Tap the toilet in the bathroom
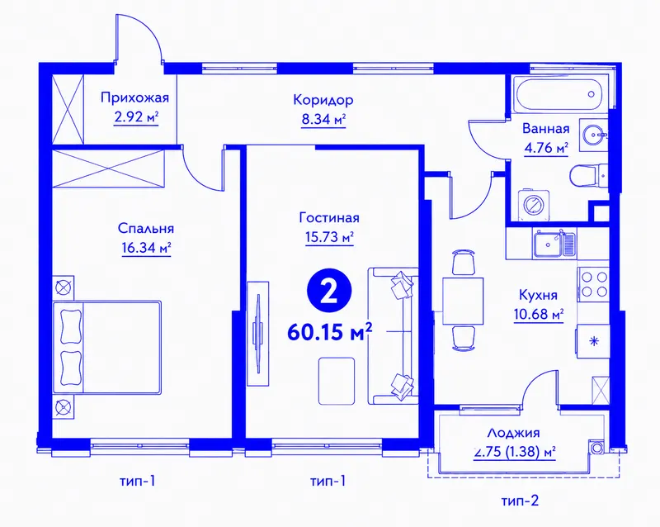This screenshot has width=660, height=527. point(588,176)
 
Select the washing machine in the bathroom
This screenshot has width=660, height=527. point(534,205)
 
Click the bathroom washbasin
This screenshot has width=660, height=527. point(593,135)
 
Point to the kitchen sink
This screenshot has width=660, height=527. point(554,244)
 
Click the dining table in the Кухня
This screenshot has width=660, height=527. point(462,301)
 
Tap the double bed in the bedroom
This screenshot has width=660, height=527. point(107,348)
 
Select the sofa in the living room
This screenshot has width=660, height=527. point(394,335)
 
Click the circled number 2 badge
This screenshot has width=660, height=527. point(329,292)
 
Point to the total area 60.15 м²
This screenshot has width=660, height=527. point(330,332)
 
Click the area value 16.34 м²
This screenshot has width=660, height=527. point(146,248)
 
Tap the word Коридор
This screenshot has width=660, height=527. point(323,101)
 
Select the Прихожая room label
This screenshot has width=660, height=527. point(134,98)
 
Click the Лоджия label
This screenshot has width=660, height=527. point(513,434)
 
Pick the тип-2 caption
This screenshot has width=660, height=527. point(520,501)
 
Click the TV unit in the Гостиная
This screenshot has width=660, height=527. point(257,334)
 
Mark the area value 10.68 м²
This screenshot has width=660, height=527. point(539,315)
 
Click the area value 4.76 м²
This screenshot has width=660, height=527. point(546,149)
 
